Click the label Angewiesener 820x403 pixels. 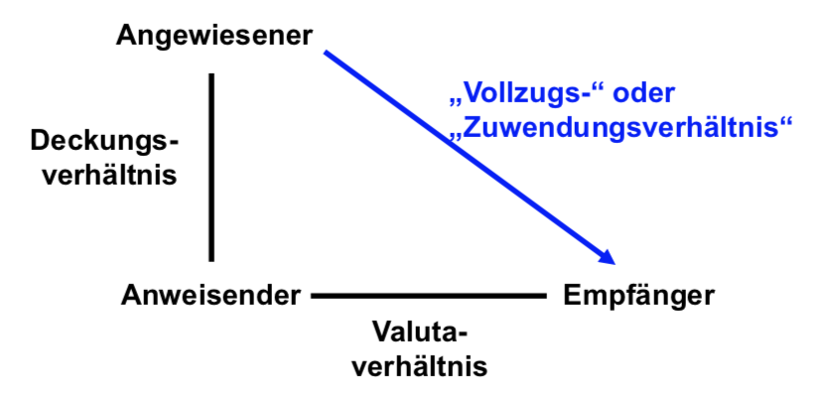(x=213, y=37)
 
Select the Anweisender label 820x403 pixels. (x=210, y=296)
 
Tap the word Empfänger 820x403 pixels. (x=638, y=297)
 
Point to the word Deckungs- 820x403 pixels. (x=104, y=143)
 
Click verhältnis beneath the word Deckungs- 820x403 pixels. (x=109, y=175)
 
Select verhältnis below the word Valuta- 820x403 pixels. (x=419, y=366)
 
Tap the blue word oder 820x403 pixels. (x=643, y=93)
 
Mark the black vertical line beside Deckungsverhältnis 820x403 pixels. (x=211, y=168)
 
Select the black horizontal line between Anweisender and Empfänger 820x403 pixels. (x=429, y=296)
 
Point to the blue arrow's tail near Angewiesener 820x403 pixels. (x=325, y=52)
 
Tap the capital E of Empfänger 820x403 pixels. (x=572, y=296)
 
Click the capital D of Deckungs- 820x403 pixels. (x=41, y=141)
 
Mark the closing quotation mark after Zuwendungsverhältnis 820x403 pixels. (x=786, y=121)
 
